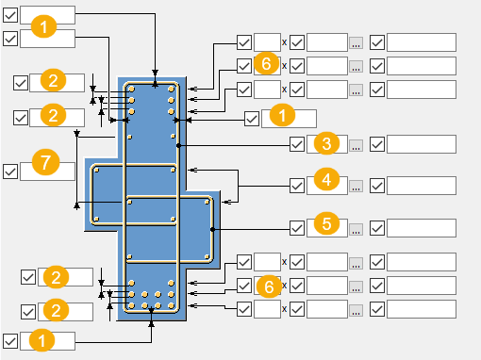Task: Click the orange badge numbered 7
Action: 45,162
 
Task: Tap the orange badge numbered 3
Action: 326,143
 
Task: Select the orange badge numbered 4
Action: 326,179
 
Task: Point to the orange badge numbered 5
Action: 326,223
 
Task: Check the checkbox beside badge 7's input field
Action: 10,172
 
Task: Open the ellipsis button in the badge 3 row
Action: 356,145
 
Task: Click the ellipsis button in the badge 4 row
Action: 356,186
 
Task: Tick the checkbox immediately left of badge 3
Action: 297,144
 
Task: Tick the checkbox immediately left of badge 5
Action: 297,228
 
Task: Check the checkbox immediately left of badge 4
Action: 297,186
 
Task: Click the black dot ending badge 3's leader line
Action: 178,145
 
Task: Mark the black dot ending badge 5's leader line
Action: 212,230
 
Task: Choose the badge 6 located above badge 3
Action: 266,63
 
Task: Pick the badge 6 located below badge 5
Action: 269,286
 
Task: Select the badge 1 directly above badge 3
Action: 282,115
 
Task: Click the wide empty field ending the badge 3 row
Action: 422,144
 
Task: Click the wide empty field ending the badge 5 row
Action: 422,228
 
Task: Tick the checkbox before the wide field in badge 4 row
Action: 377,186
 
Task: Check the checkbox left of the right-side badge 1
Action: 252,119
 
